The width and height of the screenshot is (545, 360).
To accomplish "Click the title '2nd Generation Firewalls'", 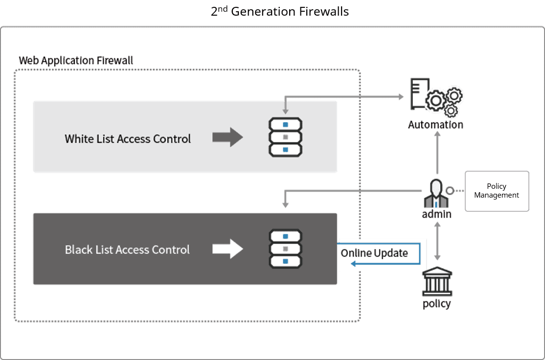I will point(283,12).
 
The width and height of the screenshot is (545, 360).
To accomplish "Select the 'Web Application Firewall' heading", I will point(76,61).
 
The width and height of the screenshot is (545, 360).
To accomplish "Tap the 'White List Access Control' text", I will point(128,139).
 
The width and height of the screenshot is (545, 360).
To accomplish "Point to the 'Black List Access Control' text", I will point(127,250).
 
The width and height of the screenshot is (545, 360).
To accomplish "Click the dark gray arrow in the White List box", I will point(227,137).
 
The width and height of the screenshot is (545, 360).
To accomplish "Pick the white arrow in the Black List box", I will point(227,249).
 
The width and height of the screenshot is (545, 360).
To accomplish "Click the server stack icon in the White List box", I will point(285,137).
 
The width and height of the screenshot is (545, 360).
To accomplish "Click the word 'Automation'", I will point(436,125).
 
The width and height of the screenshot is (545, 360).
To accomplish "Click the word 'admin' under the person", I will point(436,214).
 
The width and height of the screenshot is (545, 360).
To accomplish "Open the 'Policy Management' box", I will point(497,191).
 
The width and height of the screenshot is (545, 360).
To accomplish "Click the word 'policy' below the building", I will point(436,304).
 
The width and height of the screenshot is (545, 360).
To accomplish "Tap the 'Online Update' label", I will point(374,253).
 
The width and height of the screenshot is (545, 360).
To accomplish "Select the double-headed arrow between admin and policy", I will point(438,241).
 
